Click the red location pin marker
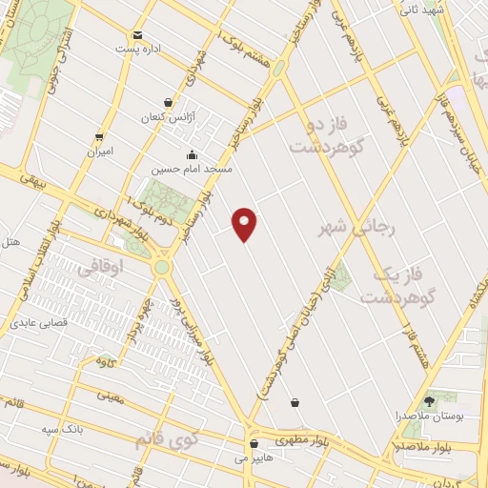(245, 224)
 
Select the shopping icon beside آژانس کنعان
(169, 102)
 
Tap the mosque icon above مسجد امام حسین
(193, 154)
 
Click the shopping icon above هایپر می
(254, 443)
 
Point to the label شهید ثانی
(421, 10)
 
